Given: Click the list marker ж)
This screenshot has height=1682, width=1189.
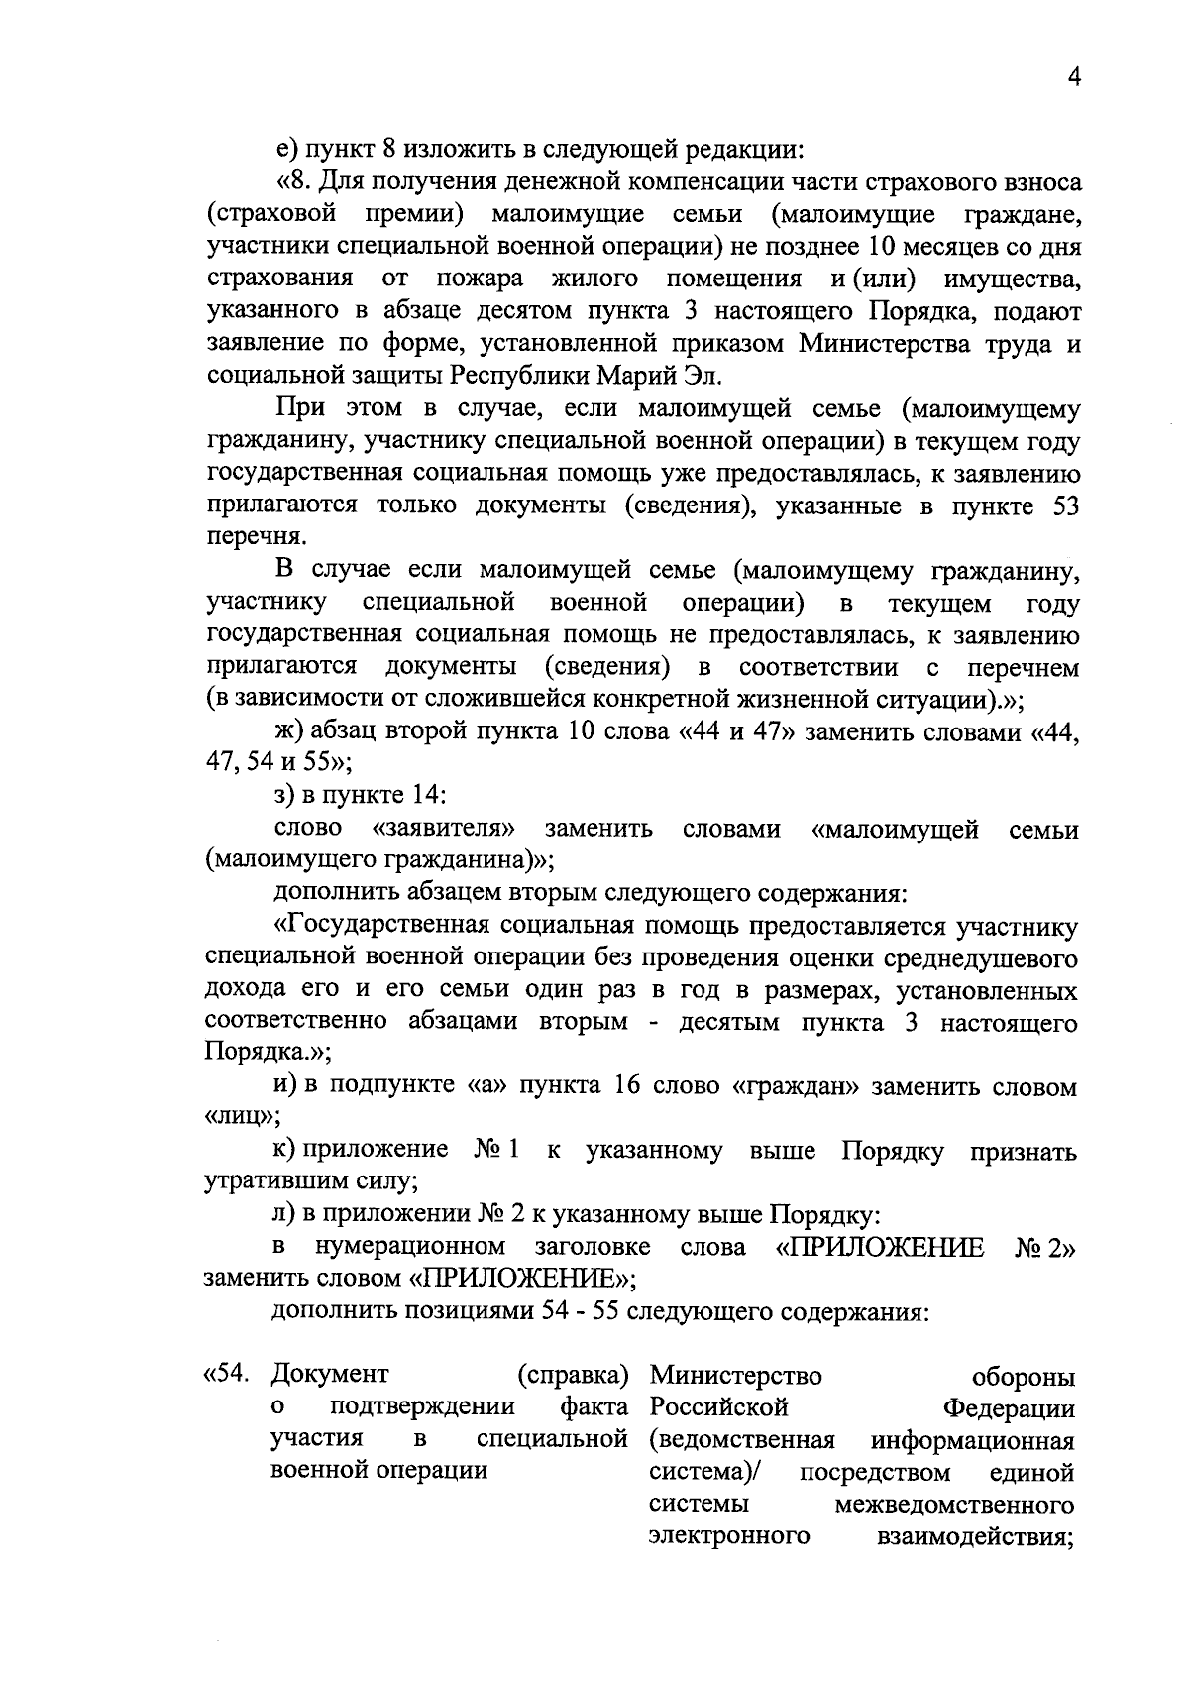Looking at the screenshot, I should (289, 732).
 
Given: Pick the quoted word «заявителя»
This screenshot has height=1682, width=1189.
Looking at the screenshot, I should (445, 829).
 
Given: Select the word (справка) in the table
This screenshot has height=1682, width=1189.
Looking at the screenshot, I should (573, 1376).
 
